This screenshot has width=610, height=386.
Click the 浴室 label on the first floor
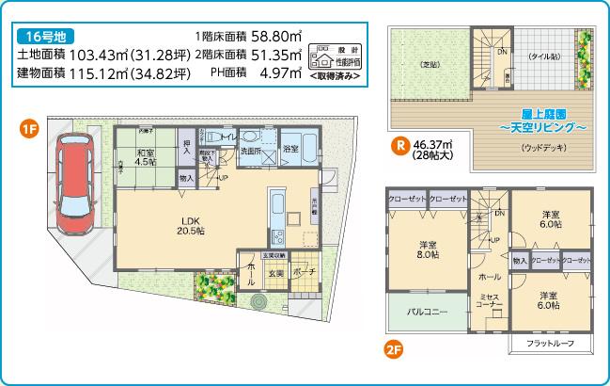pos(290,148)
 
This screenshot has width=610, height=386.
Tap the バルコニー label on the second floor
pos(426,311)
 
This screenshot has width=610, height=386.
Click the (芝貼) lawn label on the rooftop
pos(429,63)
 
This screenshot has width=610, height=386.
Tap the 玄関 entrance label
pos(278,273)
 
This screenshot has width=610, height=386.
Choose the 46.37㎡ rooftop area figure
pos(434,145)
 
